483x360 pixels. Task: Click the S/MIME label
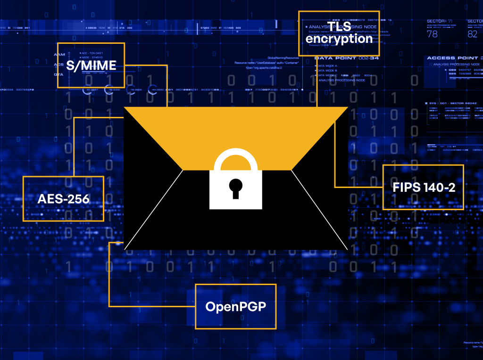91,65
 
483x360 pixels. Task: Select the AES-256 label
63,199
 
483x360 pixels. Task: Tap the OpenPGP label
235,307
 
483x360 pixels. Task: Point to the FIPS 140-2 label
424,187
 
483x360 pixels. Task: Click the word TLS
339,26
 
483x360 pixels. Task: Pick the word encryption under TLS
339,39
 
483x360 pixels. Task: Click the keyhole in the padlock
235,188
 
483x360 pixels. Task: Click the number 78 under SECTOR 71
432,34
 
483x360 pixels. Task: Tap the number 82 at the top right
472,34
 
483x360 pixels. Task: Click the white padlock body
236,198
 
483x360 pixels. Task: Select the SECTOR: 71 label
440,21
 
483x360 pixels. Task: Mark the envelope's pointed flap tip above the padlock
236,169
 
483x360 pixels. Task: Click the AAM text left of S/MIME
59,54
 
